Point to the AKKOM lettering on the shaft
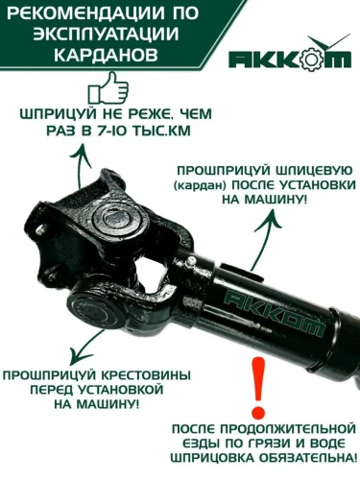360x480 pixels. pos(275,311)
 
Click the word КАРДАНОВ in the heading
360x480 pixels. pos(106,55)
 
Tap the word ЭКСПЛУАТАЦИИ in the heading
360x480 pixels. pos(106,35)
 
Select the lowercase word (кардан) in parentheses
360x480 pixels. pos(200,186)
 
